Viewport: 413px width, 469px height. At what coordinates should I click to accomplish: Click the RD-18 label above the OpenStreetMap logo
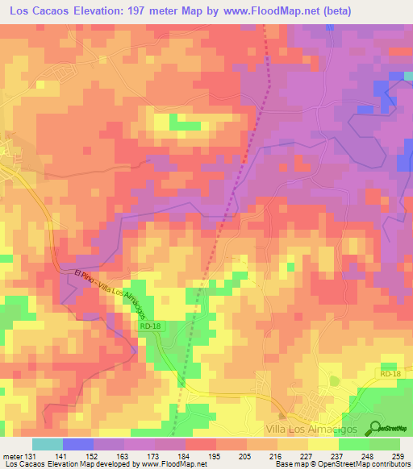[390, 374]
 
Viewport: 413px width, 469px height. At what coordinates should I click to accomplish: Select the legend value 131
[29, 455]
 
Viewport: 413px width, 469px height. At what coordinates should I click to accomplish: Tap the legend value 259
[398, 455]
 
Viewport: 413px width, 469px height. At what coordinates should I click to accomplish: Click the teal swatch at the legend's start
[47, 444]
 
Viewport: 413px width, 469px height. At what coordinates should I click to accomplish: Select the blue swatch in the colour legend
[77, 444]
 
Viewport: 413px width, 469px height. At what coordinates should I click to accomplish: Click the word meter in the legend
[11, 455]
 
